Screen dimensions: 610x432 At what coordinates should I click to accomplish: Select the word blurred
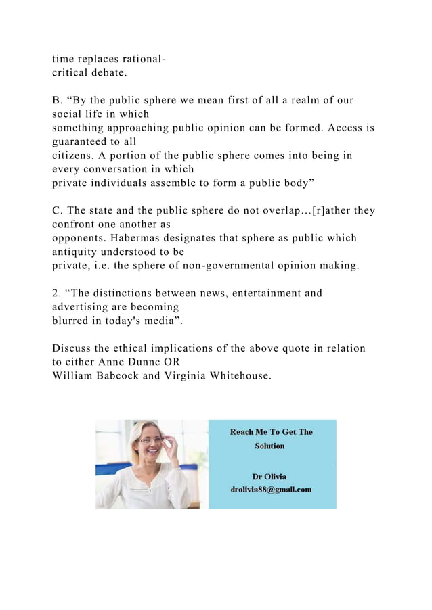click(72, 321)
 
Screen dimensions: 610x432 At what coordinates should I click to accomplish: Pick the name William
click(74, 375)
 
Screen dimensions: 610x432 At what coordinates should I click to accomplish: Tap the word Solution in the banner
click(269, 446)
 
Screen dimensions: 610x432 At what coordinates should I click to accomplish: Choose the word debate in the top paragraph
click(108, 73)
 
